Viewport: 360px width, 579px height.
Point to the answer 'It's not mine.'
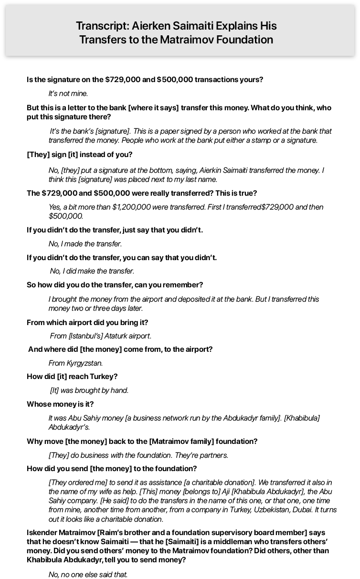tap(68, 94)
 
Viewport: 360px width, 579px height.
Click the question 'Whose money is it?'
tap(60, 404)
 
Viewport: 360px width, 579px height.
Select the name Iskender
tap(43, 533)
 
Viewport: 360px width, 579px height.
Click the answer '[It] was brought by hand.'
tap(89, 390)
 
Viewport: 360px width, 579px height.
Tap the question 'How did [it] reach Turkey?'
tap(72, 377)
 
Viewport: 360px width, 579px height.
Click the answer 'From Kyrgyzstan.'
tap(75, 363)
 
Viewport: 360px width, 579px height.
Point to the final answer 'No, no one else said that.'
tap(88, 575)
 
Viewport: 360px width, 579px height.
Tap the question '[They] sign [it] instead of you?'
tap(80, 155)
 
